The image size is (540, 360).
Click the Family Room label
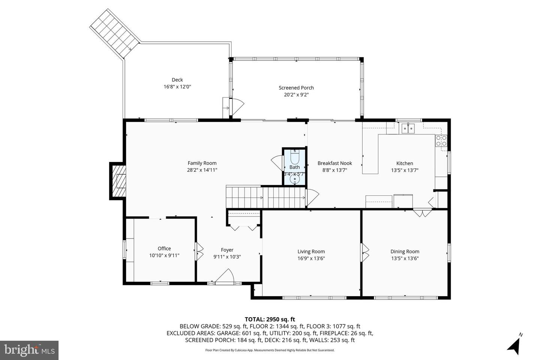pyautogui.click(x=202, y=163)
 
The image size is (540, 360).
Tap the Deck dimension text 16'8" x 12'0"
pyautogui.click(x=177, y=87)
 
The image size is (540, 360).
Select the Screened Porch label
pyautogui.click(x=296, y=88)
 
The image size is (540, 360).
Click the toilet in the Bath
pyautogui.click(x=295, y=157)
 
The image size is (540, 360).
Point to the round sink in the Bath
pyautogui.click(x=295, y=179)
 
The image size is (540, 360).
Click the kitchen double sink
pyautogui.click(x=408, y=129)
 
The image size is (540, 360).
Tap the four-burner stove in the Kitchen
pyautogui.click(x=441, y=141)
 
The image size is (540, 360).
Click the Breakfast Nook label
pyautogui.click(x=334, y=163)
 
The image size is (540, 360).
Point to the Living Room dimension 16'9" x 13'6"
pyautogui.click(x=311, y=258)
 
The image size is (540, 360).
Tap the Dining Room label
pyautogui.click(x=405, y=252)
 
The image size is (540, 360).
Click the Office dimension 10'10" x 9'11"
pyautogui.click(x=164, y=255)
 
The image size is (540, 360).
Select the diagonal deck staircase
pyautogui.click(x=115, y=33)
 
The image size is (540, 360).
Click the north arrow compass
pyautogui.click(x=514, y=344)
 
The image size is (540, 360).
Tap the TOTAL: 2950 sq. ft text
pyautogui.click(x=270, y=319)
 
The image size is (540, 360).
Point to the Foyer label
pyautogui.click(x=227, y=250)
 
